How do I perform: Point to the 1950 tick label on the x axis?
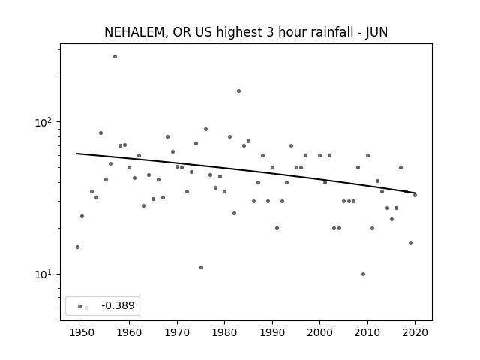point(82,332)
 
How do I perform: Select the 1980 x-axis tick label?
point(224,332)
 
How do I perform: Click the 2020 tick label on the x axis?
point(415,332)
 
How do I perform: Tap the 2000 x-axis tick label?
point(319,332)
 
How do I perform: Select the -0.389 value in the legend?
point(118,305)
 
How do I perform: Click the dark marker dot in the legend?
point(80,307)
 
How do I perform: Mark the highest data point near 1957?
point(115,57)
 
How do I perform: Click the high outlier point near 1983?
point(238,91)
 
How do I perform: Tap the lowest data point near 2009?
point(363,274)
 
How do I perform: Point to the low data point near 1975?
point(201,268)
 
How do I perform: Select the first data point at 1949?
point(77,247)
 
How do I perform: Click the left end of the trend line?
point(76,154)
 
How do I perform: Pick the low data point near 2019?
point(410,243)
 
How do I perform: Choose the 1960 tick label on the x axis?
point(129,332)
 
